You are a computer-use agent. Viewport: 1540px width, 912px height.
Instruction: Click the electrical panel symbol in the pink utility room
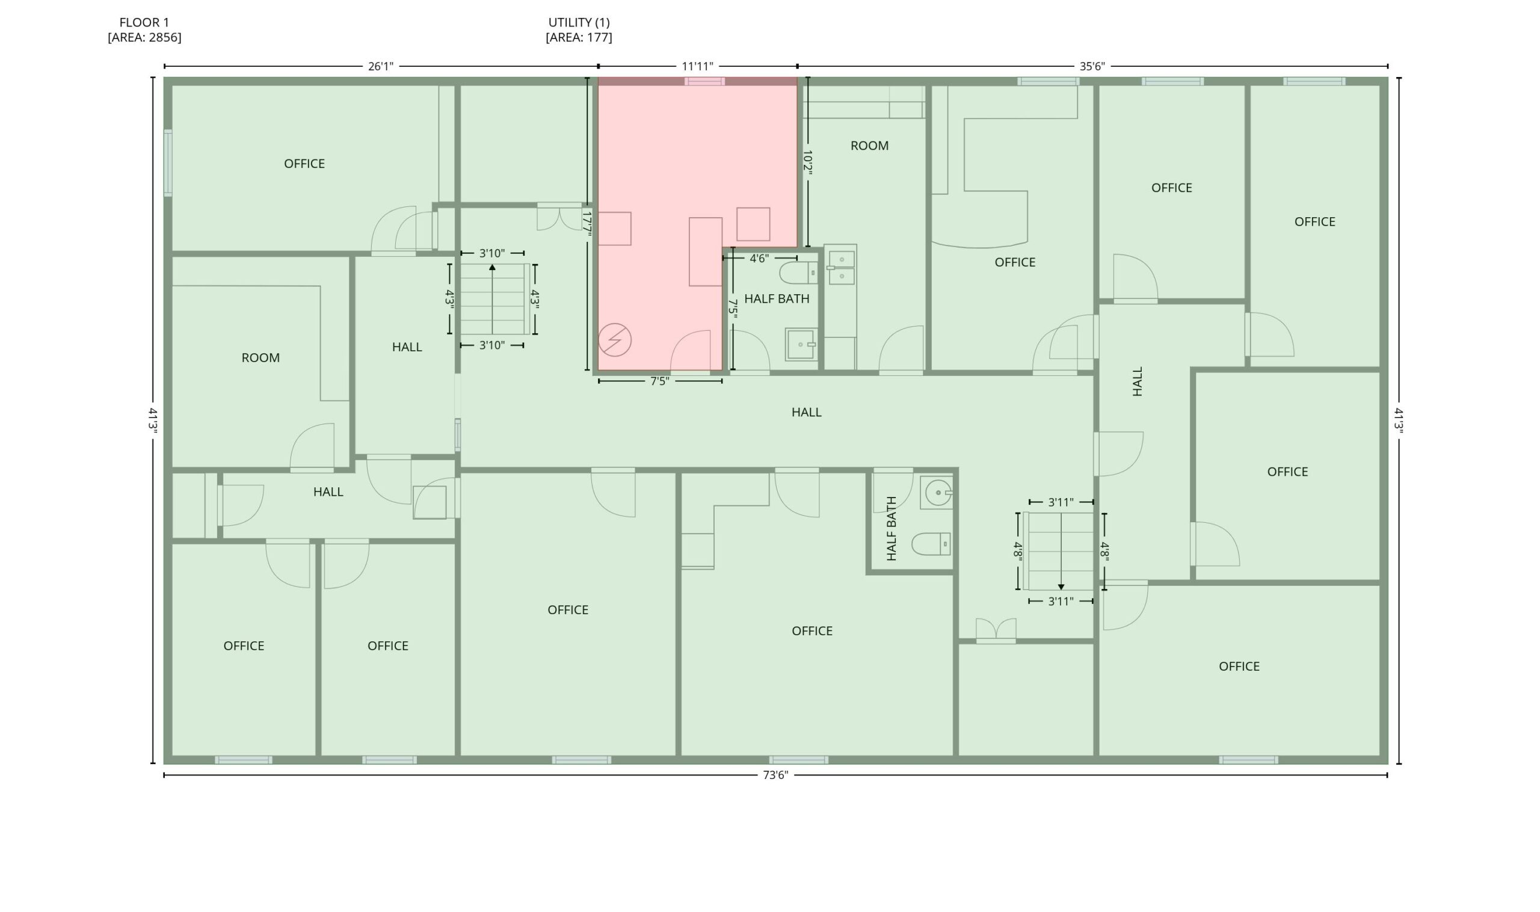pos(615,340)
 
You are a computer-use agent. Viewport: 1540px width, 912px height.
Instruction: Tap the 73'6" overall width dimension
pos(775,775)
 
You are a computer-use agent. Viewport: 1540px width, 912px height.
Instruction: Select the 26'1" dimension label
pos(380,66)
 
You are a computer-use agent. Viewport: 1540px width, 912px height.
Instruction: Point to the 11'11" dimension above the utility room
pos(697,66)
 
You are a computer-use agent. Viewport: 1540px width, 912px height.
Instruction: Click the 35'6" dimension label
pos(1092,66)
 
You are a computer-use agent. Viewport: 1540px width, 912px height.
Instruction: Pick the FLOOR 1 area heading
pos(144,29)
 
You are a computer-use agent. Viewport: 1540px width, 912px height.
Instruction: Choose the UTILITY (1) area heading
pos(579,29)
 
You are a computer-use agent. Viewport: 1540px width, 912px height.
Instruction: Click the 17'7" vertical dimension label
pos(587,224)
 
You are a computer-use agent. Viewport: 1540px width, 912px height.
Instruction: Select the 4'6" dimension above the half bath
pos(759,258)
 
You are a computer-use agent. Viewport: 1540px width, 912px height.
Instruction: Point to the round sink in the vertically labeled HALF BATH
pos(938,492)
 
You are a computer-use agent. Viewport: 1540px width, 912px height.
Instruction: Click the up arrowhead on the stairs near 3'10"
pos(492,267)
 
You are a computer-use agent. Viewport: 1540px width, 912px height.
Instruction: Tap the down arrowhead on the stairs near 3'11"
pos(1061,588)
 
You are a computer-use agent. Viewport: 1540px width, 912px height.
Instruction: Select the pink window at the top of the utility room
pos(705,81)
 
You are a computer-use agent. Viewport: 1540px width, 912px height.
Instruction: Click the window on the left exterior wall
pos(168,163)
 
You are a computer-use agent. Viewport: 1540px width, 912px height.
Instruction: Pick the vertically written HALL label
pos(1138,381)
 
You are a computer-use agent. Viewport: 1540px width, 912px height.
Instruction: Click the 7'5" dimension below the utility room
pos(660,381)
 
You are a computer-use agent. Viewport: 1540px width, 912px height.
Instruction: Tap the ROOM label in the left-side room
pos(260,358)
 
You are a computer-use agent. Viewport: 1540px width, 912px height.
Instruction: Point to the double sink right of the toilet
pos(841,268)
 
